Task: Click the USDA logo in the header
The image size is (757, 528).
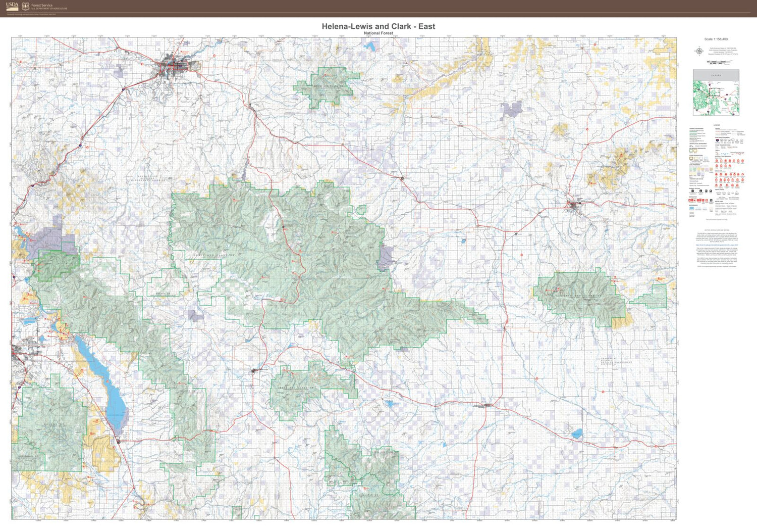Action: point(13,6)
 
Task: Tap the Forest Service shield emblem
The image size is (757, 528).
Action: point(26,7)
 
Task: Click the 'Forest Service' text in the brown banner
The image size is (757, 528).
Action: point(42,5)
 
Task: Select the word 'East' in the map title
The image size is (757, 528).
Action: point(426,26)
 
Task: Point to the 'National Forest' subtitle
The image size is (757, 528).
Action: point(379,33)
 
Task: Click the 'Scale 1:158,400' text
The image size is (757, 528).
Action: point(716,39)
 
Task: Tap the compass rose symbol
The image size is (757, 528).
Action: point(699,51)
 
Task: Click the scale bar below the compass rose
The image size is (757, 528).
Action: point(719,62)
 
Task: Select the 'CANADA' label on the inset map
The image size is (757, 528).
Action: point(716,75)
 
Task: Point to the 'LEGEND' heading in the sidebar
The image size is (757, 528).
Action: point(717,125)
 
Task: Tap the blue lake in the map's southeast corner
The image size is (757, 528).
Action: point(577,434)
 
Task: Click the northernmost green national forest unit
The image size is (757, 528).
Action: point(326,86)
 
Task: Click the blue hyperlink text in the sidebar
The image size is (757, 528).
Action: point(716,245)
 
